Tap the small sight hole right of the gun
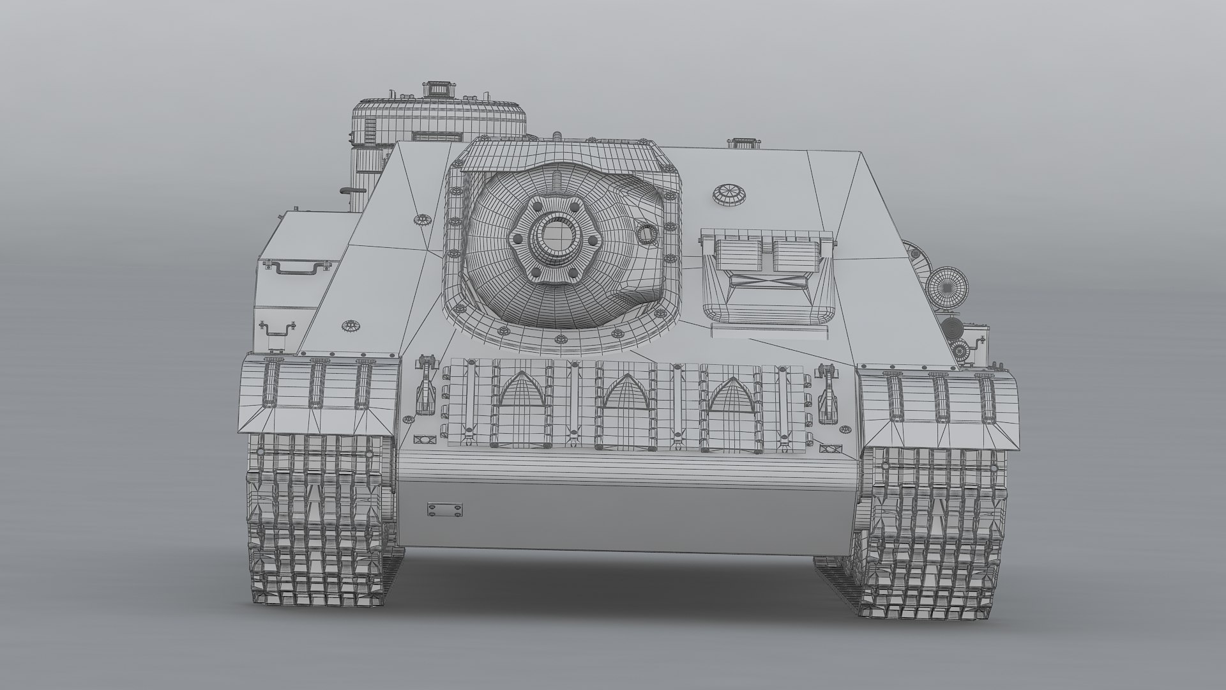click(646, 234)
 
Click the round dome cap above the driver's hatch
click(729, 195)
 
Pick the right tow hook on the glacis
click(829, 388)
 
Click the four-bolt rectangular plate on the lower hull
click(445, 509)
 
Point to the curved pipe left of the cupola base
click(348, 189)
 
